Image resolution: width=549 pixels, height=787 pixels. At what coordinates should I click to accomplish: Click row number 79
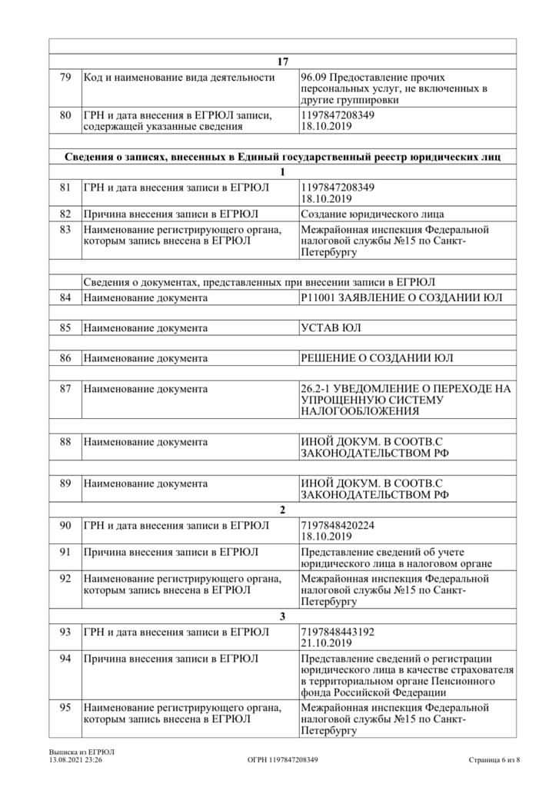click(x=65, y=77)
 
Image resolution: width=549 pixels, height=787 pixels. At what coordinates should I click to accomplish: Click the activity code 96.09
click(x=314, y=77)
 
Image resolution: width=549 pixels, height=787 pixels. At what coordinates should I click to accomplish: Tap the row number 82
click(x=65, y=214)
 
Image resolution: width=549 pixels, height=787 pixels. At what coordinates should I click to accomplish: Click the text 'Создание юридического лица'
click(x=373, y=214)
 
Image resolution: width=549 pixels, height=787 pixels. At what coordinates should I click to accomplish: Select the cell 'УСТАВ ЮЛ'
click(x=331, y=328)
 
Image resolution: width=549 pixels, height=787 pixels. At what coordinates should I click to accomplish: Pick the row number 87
click(x=65, y=389)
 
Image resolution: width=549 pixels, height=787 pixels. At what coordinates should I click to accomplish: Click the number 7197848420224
click(x=338, y=525)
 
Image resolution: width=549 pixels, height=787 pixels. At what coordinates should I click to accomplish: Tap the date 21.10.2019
click(x=327, y=643)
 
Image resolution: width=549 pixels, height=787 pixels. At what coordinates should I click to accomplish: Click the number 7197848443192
click(x=338, y=632)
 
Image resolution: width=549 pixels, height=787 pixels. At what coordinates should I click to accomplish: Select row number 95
click(x=65, y=708)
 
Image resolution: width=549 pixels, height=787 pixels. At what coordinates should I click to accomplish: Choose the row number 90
click(x=65, y=525)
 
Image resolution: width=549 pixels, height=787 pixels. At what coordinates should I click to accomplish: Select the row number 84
click(x=65, y=297)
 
